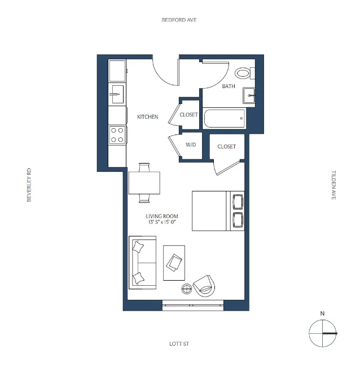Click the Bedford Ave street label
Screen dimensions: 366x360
[179, 20]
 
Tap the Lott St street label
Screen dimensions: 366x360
[178, 343]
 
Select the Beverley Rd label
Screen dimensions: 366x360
[29, 184]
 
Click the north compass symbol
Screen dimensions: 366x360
[322, 333]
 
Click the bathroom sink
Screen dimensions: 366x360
[250, 96]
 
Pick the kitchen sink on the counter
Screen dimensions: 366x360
[117, 94]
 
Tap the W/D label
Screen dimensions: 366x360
[191, 145]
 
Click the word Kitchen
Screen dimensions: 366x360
[147, 117]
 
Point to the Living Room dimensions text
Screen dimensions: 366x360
[162, 223]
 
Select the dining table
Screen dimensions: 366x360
[144, 182]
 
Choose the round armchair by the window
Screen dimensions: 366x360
[204, 286]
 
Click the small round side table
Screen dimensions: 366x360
[187, 290]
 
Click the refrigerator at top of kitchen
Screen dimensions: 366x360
[117, 71]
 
